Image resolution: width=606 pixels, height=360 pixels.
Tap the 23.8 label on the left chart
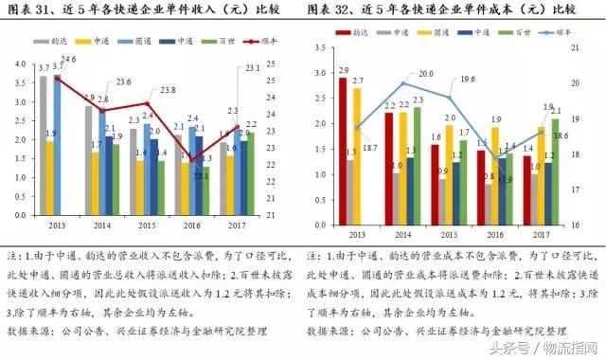click(x=168, y=90)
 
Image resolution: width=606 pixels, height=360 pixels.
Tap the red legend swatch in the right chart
click(x=344, y=32)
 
